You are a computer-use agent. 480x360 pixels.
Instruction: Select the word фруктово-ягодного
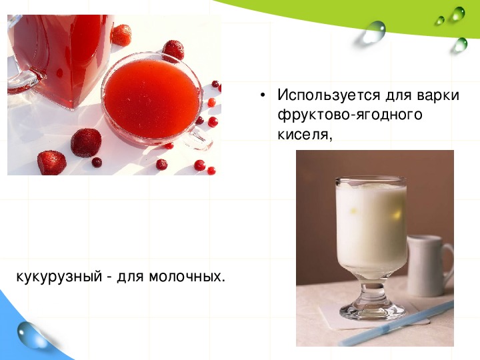[x=350, y=115]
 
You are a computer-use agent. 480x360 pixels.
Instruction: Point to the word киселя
[x=305, y=134]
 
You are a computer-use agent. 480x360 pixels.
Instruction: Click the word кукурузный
[x=59, y=277]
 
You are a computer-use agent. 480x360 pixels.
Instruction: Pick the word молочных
[x=187, y=277]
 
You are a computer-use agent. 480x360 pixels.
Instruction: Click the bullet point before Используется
[x=262, y=95]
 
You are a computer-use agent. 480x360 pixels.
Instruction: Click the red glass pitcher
[x=58, y=58]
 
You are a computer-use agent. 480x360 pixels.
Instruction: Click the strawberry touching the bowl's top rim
[x=173, y=51]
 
